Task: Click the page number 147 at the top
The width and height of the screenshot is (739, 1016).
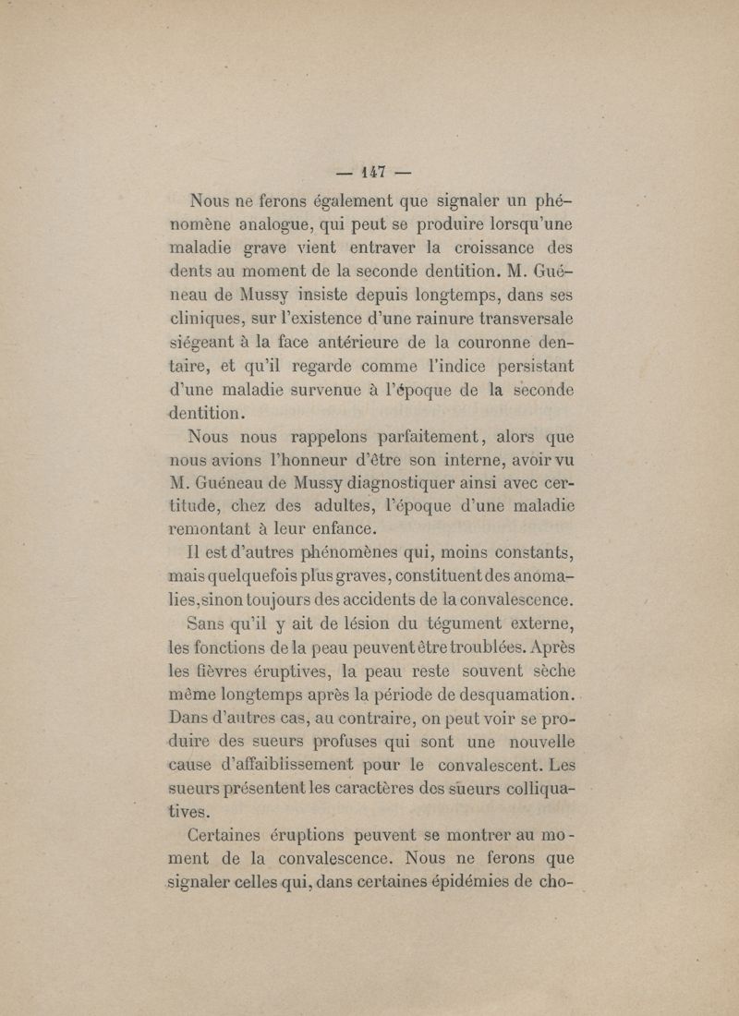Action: tap(374, 170)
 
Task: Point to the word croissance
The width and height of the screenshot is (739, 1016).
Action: tap(479, 248)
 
